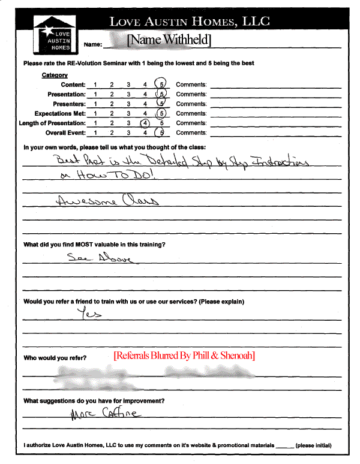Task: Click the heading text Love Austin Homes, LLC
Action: click(189, 22)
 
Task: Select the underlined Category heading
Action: click(54, 75)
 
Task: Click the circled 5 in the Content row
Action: click(161, 85)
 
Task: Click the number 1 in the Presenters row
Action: click(95, 104)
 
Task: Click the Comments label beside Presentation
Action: click(191, 94)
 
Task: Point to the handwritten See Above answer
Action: click(100, 258)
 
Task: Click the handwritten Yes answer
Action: click(91, 313)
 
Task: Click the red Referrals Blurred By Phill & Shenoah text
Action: click(184, 355)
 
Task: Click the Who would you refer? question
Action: click(55, 358)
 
